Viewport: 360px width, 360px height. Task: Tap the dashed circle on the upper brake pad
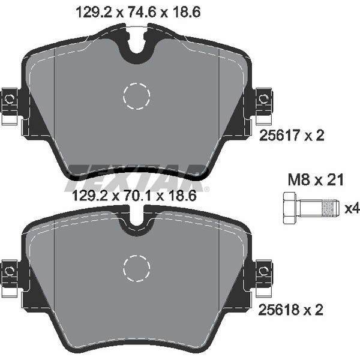(x=136, y=95)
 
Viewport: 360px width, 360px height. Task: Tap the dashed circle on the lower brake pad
(x=136, y=268)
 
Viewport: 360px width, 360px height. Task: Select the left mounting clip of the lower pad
(x=10, y=275)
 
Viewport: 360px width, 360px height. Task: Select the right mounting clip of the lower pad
(x=263, y=275)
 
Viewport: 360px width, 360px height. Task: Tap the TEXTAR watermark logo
(x=137, y=174)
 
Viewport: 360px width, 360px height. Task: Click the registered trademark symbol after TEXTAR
(x=207, y=190)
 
